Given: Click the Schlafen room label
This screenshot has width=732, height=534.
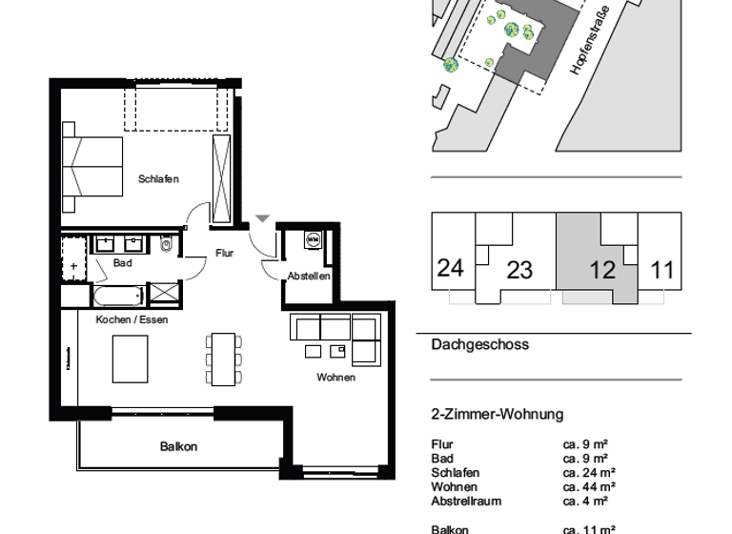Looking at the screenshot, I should coord(158,179).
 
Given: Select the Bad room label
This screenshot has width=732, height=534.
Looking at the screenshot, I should coord(122,263).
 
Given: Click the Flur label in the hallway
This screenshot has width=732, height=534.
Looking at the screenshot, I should coord(225,254).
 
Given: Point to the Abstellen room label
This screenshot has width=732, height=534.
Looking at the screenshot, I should coord(309,277).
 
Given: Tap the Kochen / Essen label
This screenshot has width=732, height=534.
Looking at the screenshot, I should coord(132,319).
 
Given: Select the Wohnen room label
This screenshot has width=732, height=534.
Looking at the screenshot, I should coord(335,378).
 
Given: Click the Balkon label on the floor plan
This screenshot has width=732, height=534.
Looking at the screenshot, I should coord(178,447).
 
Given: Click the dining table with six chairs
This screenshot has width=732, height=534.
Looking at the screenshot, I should coord(224,358).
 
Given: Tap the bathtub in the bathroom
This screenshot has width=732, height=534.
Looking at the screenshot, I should coord(119,295).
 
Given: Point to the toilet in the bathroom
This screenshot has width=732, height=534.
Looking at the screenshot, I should coord(167,245).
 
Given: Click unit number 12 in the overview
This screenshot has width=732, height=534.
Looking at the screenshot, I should coord(602,270).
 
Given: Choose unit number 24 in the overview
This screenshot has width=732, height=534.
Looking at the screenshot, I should coord(450,267).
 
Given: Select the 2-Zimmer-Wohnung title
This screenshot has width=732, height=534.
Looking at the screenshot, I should coord(498,414).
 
